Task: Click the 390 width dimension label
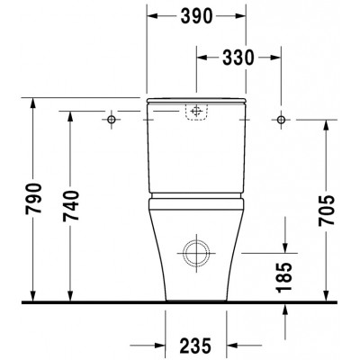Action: [x=196, y=16]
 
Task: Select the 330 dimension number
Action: [x=238, y=58]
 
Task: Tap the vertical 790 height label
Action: [x=33, y=198]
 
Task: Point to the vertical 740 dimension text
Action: [x=71, y=206]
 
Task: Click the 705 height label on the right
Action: [x=327, y=211]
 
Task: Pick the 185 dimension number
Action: [x=284, y=277]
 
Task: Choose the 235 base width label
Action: [x=195, y=346]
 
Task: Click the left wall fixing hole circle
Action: [x=112, y=120]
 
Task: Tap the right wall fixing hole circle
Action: [x=281, y=120]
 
